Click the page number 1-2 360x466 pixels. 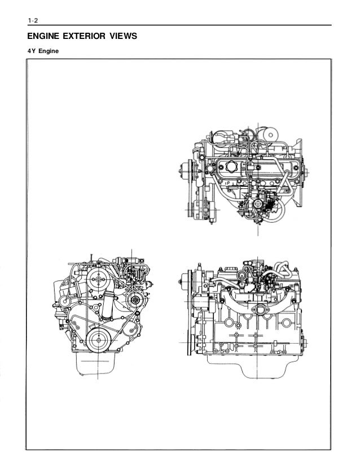33,20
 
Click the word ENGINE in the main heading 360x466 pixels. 43,36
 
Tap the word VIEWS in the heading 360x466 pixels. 123,36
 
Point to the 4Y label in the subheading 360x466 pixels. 32,51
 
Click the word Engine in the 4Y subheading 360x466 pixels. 49,51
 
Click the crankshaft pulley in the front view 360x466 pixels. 98,340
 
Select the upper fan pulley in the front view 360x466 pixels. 98,279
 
